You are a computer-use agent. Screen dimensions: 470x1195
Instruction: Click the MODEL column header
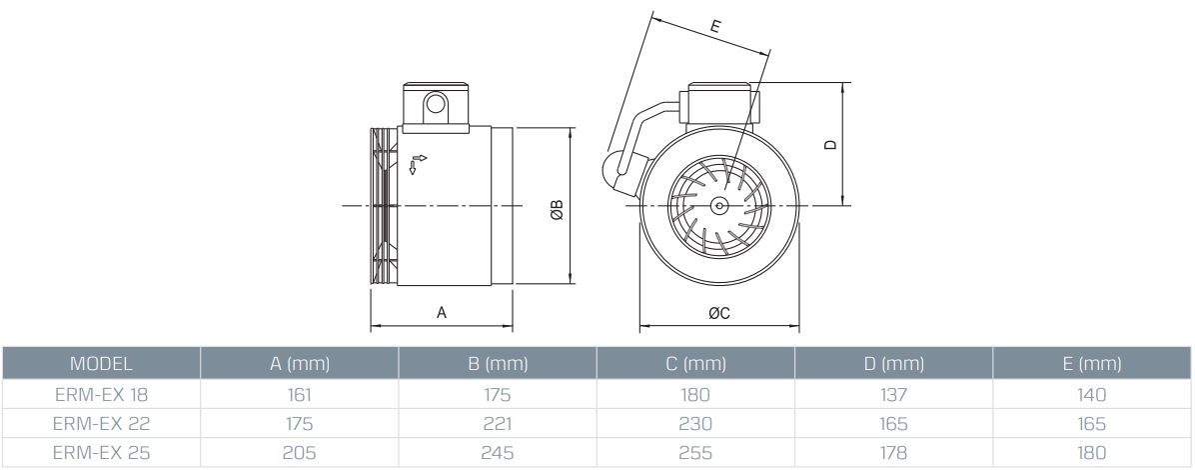[100, 364]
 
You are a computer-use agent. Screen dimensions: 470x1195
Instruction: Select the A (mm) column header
[299, 364]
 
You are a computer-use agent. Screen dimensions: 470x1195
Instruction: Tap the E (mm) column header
[1093, 364]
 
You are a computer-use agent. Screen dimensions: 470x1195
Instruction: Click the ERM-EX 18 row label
[100, 394]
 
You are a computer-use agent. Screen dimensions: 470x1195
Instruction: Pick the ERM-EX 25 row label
[100, 453]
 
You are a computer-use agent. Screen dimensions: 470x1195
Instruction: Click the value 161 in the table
[299, 394]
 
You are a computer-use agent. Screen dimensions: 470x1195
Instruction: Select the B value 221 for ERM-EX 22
[497, 424]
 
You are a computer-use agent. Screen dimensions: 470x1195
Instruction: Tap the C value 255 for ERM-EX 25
[695, 453]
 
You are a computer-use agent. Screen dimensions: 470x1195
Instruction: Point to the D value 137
[893, 394]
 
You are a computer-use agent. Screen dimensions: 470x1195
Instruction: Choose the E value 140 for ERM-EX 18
[1093, 394]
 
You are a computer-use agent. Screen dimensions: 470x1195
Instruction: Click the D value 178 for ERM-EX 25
[893, 453]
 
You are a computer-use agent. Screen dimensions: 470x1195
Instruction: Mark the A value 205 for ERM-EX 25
[299, 453]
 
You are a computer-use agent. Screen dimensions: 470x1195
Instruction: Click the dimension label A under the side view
[442, 313]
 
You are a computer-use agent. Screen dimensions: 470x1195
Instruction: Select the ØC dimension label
[719, 313]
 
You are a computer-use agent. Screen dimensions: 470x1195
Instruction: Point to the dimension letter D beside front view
[830, 144]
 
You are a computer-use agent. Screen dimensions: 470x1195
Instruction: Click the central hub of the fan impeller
[719, 205]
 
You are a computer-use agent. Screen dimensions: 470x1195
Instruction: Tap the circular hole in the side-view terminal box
[435, 104]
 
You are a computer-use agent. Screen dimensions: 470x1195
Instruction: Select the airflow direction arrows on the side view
[418, 164]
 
